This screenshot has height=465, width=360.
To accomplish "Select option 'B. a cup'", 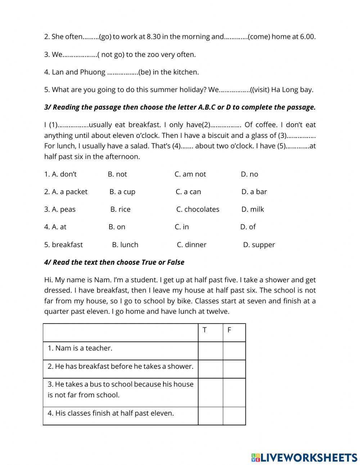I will [x=122, y=192].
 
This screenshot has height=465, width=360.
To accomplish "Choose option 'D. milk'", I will [x=253, y=209].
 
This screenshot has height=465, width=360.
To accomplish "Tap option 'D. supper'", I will [x=259, y=245].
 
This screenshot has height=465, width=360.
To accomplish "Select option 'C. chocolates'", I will [x=198, y=209].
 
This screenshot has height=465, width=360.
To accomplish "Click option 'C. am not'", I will [x=190, y=174].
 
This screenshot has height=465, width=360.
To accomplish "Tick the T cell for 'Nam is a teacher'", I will [x=210, y=351].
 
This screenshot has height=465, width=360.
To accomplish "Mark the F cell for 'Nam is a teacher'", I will [x=234, y=351].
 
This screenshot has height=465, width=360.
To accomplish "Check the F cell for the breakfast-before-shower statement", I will [x=234, y=369].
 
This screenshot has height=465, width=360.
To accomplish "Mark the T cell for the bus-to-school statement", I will [x=210, y=392].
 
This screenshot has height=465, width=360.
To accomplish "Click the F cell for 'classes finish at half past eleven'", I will [x=234, y=416].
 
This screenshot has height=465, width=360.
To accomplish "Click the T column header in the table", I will [x=204, y=330].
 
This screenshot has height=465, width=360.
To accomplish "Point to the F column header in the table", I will [x=229, y=330].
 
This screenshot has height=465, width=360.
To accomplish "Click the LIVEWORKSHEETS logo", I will [x=304, y=457].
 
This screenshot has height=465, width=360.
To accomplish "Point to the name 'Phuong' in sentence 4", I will [x=93, y=72].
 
